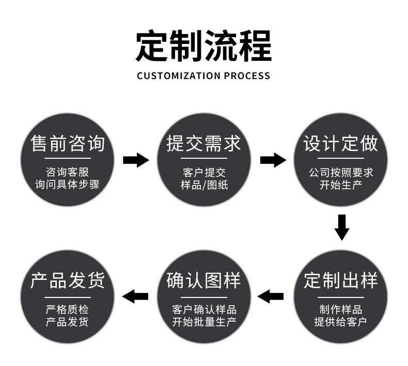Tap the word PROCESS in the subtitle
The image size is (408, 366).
point(247,76)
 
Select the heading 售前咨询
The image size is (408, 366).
point(68,143)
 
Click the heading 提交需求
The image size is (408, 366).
point(204,143)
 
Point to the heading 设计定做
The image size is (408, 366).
point(340,143)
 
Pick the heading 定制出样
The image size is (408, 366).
point(340,281)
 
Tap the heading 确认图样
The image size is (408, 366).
point(204,281)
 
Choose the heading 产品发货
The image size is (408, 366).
point(68,281)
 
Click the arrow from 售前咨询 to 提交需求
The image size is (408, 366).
point(136,160)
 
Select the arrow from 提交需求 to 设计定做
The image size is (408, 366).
point(273,160)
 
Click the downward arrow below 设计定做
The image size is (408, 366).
point(341,227)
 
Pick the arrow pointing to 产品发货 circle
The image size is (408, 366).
point(135,296)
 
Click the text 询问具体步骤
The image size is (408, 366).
point(68,184)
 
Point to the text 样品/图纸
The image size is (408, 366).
point(204,184)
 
